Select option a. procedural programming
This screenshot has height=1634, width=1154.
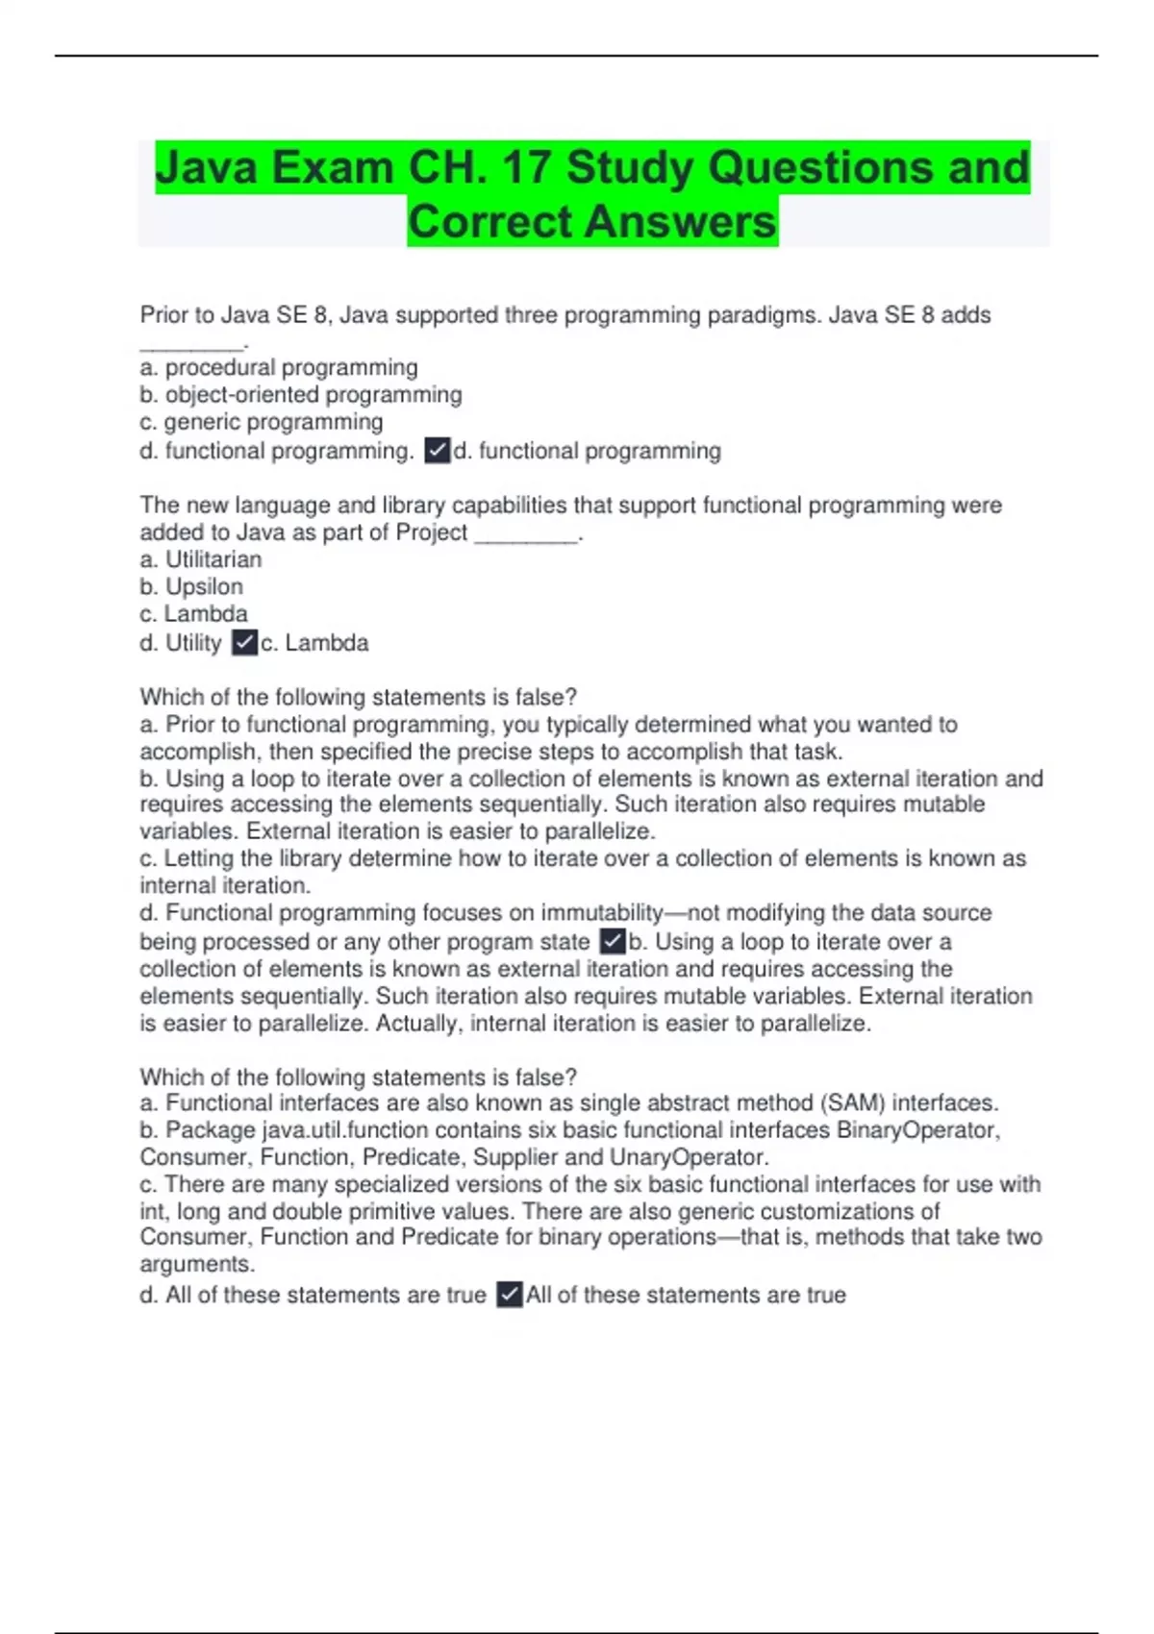pyautogui.click(x=279, y=368)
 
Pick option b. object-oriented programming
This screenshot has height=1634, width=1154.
pyautogui.click(x=301, y=395)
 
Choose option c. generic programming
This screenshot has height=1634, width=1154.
pyautogui.click(x=262, y=422)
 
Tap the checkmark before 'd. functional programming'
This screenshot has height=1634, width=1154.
pyautogui.click(x=438, y=451)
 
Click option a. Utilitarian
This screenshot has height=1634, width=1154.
pyautogui.click(x=201, y=559)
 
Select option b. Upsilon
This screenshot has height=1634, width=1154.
pyautogui.click(x=191, y=586)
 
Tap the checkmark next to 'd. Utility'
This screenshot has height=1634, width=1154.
pyautogui.click(x=245, y=643)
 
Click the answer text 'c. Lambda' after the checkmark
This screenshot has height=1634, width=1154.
pyautogui.click(x=315, y=643)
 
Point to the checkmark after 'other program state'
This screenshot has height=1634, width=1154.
pyautogui.click(x=613, y=942)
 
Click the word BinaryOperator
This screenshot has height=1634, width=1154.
pyautogui.click(x=917, y=1130)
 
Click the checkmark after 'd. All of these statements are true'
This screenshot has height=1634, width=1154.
pyautogui.click(x=510, y=1296)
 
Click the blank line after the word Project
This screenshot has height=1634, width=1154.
pyautogui.click(x=526, y=534)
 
